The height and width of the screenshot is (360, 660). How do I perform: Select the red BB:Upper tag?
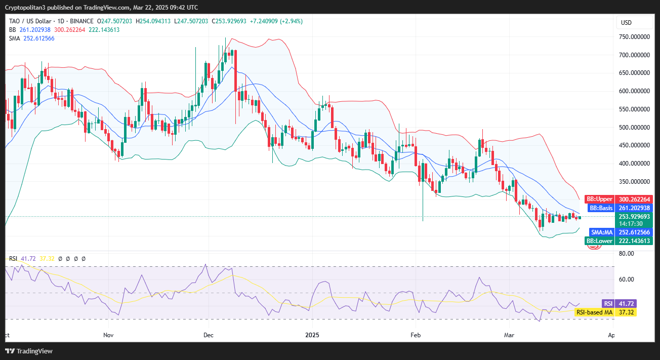[x=599, y=199]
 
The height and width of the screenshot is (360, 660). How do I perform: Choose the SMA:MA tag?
[x=601, y=232]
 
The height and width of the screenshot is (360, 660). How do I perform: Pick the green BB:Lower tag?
[x=599, y=241]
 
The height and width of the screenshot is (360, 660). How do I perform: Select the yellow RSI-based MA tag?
[x=594, y=312]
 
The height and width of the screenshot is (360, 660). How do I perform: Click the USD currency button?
[x=626, y=23]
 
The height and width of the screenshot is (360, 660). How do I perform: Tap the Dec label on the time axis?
[x=208, y=335]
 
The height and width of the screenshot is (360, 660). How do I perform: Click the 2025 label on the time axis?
[x=313, y=335]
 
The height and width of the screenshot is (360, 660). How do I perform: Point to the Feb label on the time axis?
[x=416, y=335]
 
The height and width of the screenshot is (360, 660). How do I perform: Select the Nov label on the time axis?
[x=108, y=335]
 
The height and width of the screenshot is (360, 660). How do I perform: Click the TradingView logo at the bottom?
[x=29, y=351]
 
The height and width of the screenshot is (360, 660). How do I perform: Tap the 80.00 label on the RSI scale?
[x=626, y=254]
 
